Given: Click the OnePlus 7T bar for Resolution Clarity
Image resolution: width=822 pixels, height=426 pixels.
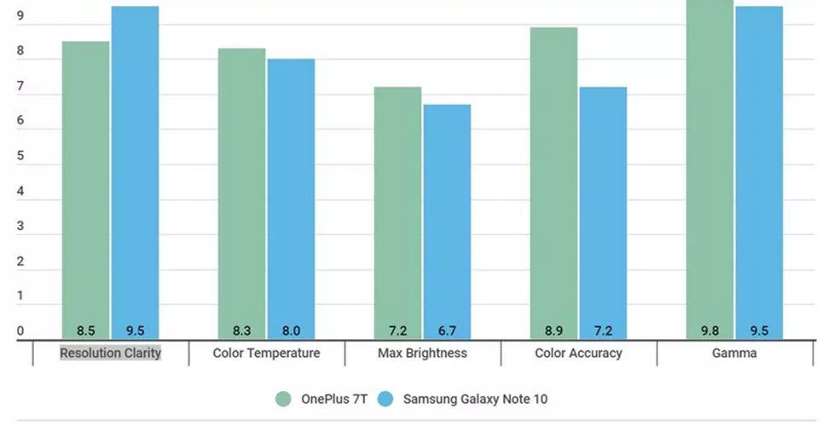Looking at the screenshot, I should (x=85, y=187).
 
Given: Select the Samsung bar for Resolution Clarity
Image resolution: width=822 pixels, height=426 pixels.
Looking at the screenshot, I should (x=135, y=170).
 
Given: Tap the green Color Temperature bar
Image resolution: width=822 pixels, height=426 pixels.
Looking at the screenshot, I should (x=241, y=192).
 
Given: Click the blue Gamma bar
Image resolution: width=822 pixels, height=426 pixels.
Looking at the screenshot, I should (x=759, y=170).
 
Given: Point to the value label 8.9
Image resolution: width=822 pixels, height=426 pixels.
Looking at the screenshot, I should (x=553, y=331).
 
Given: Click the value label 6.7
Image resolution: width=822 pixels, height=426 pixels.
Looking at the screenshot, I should (x=447, y=331).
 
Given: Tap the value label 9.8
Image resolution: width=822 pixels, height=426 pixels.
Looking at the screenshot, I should (x=709, y=331).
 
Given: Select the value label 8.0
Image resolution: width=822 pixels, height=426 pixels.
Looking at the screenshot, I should (x=291, y=331).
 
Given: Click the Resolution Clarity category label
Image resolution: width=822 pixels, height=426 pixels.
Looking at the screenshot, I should (x=110, y=353).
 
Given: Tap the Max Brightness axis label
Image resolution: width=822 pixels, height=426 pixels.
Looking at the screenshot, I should (x=423, y=353).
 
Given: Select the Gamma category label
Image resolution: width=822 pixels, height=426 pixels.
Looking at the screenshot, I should (x=734, y=353).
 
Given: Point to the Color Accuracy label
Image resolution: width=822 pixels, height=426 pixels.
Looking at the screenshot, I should (x=578, y=353).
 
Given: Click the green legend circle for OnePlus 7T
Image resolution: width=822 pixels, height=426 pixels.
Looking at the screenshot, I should (x=285, y=398).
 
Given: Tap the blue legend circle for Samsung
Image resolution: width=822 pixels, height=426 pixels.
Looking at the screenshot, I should (x=386, y=398).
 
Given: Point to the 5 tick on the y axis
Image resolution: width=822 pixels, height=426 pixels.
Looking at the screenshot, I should (x=20, y=157).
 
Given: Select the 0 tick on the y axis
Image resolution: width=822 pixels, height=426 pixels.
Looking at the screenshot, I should (x=20, y=331).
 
